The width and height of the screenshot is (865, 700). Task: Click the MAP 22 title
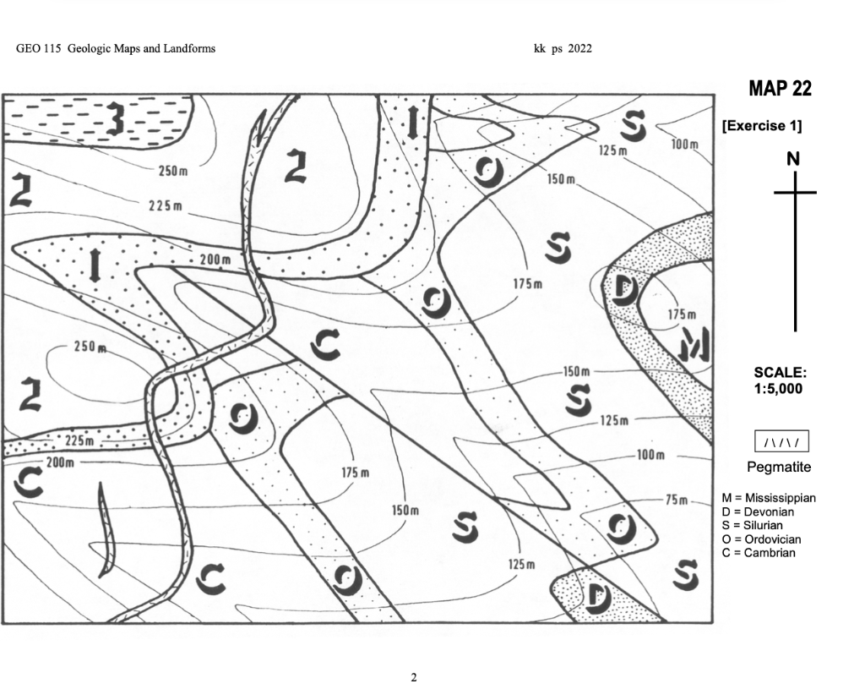[x=779, y=89]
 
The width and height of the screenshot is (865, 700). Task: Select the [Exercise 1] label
[x=761, y=126]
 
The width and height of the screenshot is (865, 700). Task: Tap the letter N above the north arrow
[x=793, y=159]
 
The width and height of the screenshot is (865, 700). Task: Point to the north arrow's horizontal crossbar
[x=795, y=193]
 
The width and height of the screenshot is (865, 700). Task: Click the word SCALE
[x=780, y=373]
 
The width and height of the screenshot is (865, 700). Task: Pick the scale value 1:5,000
[x=779, y=389]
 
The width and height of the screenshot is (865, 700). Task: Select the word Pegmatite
[x=779, y=467]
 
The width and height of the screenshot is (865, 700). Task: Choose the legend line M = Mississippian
[x=769, y=499]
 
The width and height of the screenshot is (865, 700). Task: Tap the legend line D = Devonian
[x=758, y=512]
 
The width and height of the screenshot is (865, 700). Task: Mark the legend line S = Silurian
[x=755, y=526]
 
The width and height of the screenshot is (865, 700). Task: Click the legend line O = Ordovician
[x=761, y=539]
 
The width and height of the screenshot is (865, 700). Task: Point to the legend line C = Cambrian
[x=759, y=553]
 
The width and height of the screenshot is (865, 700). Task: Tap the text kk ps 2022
[x=563, y=48]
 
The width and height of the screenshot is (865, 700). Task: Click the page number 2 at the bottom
[x=414, y=677]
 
